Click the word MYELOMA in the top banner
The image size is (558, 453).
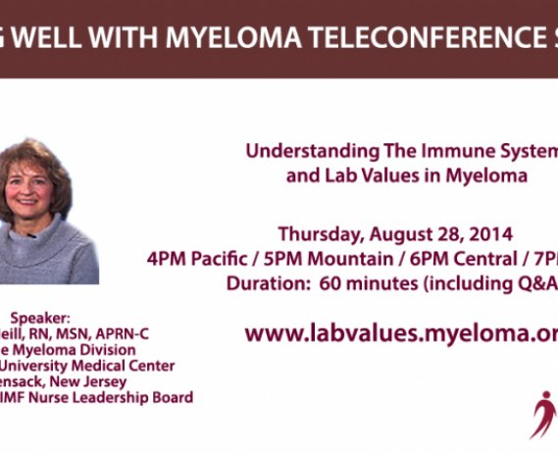[223, 36]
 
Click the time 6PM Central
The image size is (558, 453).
[438, 259]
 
